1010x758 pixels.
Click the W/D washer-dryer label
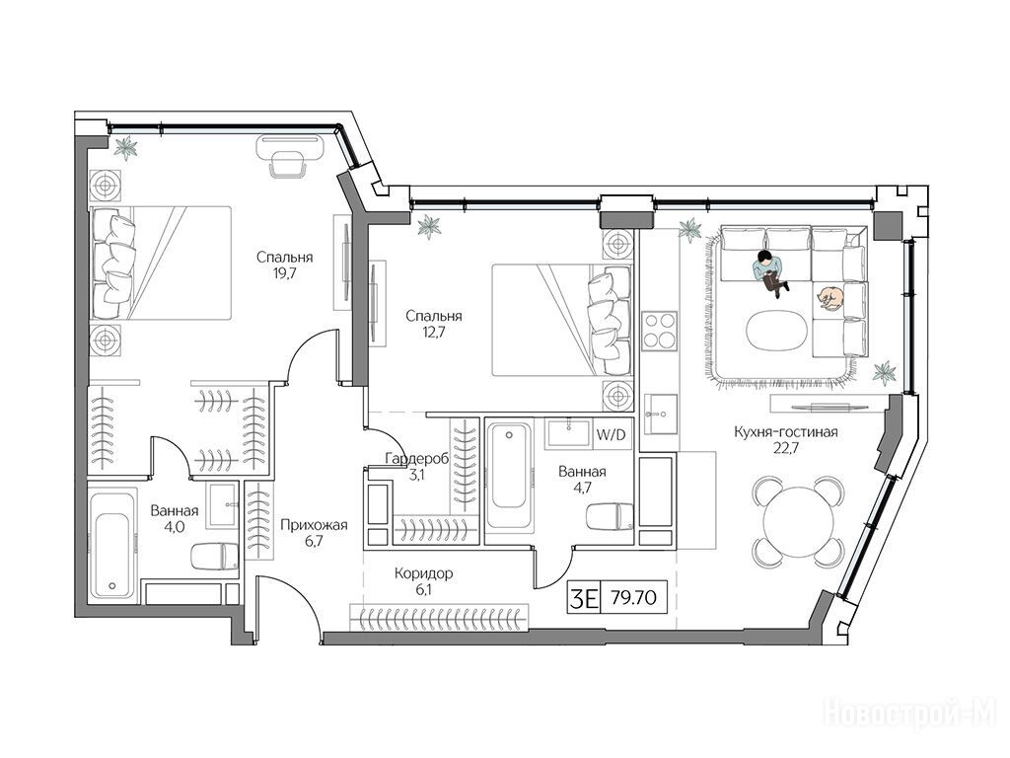click(611, 434)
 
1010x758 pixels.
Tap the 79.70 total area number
click(634, 598)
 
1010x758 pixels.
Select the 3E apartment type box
click(584, 598)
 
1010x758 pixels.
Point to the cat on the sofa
click(830, 297)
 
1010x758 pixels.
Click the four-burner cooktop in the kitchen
click(660, 330)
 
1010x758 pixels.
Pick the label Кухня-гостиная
click(786, 432)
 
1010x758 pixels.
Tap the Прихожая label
click(314, 525)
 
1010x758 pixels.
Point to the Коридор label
click(423, 573)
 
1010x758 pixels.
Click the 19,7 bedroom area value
click(284, 272)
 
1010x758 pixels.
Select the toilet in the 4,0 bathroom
click(215, 556)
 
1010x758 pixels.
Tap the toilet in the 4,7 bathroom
click(610, 515)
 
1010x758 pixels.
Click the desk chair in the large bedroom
click(289, 164)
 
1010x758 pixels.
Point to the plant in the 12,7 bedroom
click(429, 226)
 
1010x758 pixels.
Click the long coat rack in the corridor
click(439, 618)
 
